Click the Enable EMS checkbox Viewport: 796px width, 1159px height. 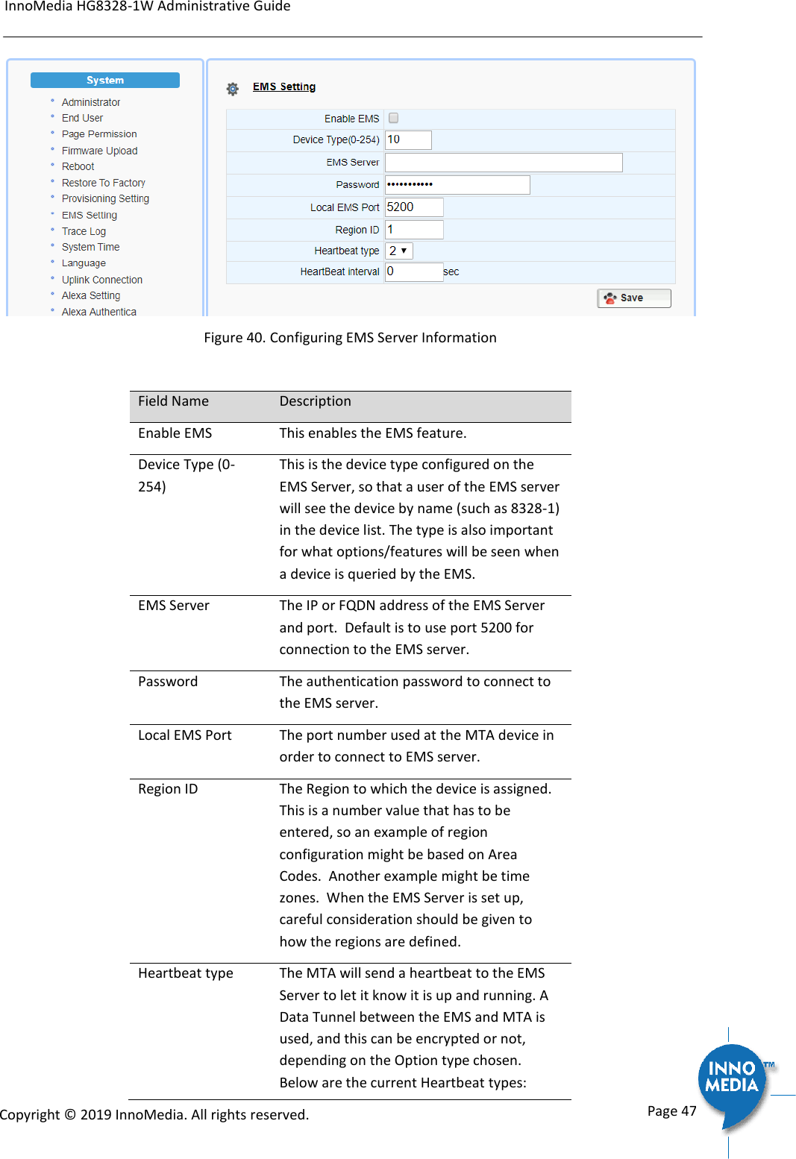pyautogui.click(x=393, y=118)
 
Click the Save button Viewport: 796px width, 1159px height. pyautogui.click(x=633, y=298)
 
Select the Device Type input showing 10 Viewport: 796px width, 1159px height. pyautogui.click(x=407, y=139)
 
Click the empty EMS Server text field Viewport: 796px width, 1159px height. pyautogui.click(x=503, y=162)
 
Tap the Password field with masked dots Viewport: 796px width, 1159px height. pyautogui.click(x=457, y=184)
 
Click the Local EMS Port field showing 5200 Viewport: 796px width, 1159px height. pyautogui.click(x=413, y=207)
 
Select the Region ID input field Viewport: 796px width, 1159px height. pyautogui.click(x=413, y=230)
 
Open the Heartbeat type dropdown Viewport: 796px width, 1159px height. pyautogui.click(x=398, y=251)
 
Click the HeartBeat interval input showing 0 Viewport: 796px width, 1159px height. pyautogui.click(x=413, y=271)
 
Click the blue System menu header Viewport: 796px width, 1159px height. pyautogui.click(x=105, y=80)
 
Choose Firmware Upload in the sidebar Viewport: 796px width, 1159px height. pyautogui.click(x=99, y=151)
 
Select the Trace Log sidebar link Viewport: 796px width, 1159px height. pyautogui.click(x=84, y=231)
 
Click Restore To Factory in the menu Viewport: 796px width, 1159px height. pyautogui.click(x=103, y=183)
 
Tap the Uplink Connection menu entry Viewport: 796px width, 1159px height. pyautogui.click(x=101, y=280)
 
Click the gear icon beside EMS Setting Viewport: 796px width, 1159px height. pyautogui.click(x=233, y=89)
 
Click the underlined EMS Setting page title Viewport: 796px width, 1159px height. pyautogui.click(x=283, y=87)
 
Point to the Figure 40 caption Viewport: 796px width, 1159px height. pyautogui.click(x=350, y=338)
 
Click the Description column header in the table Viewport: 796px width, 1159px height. pyautogui.click(x=315, y=401)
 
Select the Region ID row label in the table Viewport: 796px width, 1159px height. pyautogui.click(x=168, y=789)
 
